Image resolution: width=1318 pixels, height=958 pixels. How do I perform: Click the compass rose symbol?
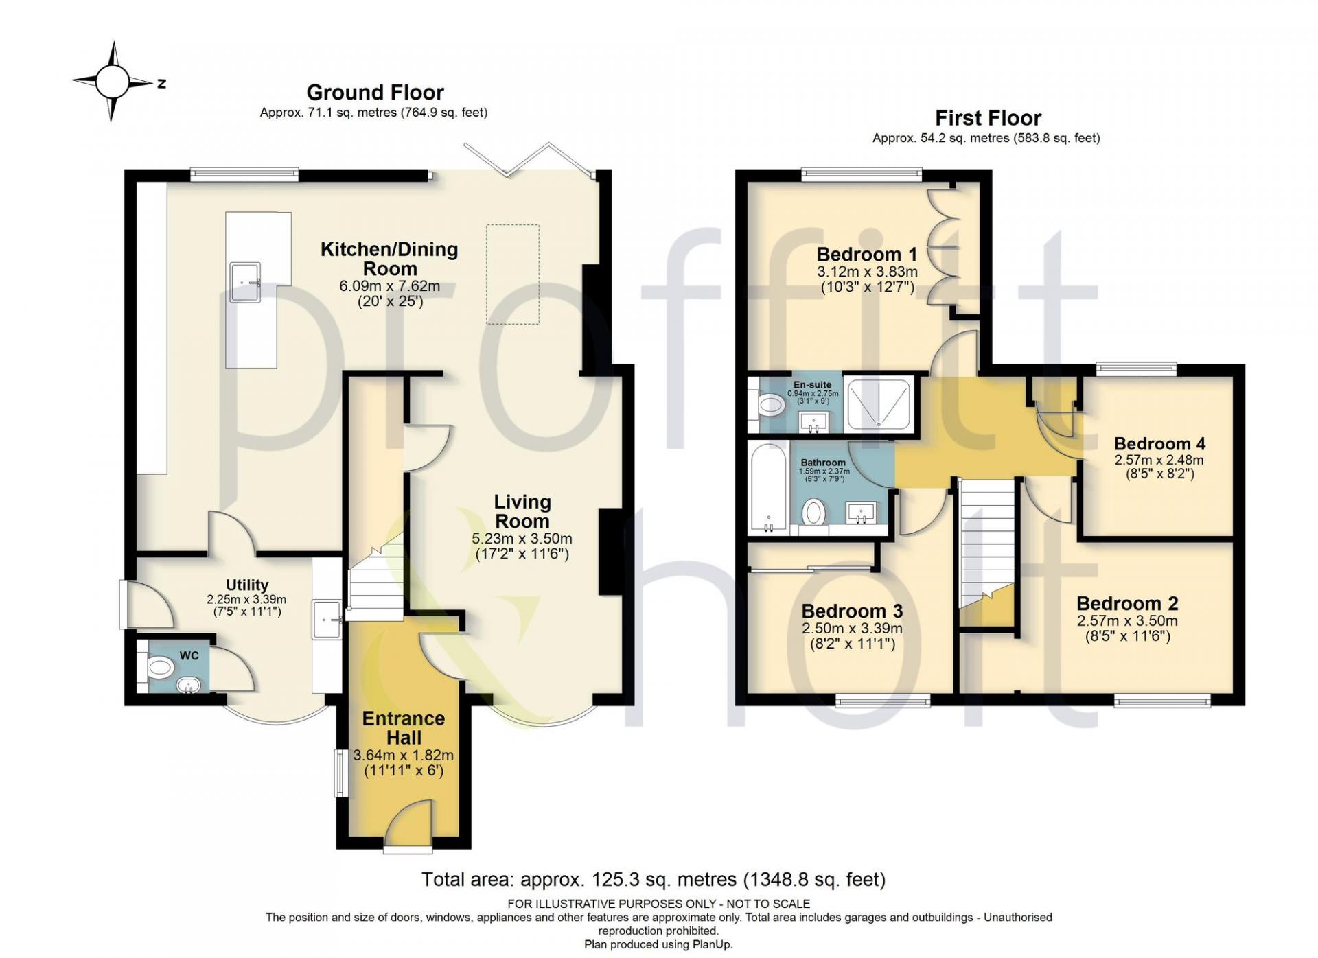113,82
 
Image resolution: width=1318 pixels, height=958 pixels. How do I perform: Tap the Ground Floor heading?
375,92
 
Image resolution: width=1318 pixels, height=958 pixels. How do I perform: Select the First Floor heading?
988,118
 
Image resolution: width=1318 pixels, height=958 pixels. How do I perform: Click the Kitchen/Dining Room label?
389,259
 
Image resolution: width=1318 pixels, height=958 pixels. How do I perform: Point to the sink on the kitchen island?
245,282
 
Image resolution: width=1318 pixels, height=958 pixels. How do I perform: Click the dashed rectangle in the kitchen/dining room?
513,274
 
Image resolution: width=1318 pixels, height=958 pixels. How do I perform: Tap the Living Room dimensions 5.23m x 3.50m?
522,539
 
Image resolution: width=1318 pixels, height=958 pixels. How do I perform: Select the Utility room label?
247,585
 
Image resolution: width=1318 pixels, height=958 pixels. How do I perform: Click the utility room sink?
327,620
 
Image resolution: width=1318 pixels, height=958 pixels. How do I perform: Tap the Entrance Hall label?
404,728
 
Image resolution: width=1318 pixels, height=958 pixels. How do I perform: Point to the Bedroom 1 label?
866,255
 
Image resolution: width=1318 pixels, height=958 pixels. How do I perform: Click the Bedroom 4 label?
1159,443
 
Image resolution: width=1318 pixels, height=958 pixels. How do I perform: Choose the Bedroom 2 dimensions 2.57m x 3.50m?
1127,621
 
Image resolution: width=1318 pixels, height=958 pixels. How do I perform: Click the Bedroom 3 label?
852,611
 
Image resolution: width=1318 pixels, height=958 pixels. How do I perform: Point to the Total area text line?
654,879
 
